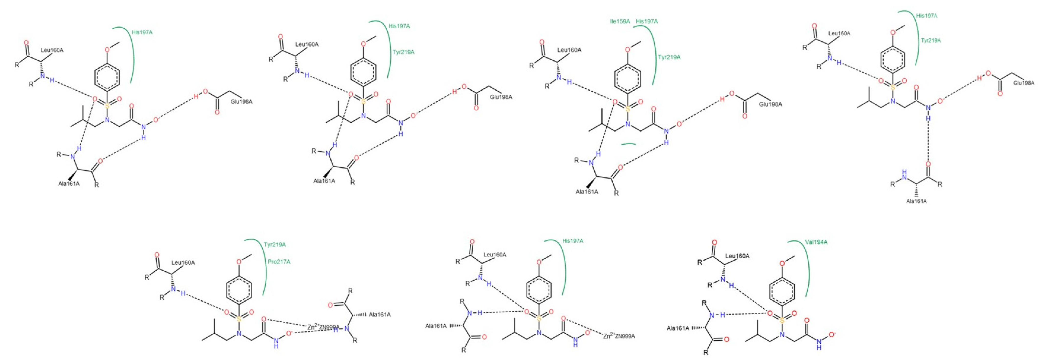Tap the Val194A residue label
pyautogui.click(x=816, y=242)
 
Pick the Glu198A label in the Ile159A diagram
pyautogui.click(x=770, y=104)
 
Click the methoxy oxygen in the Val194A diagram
pyautogui.click(x=782, y=263)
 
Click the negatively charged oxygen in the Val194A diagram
pyautogui.click(x=832, y=334)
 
